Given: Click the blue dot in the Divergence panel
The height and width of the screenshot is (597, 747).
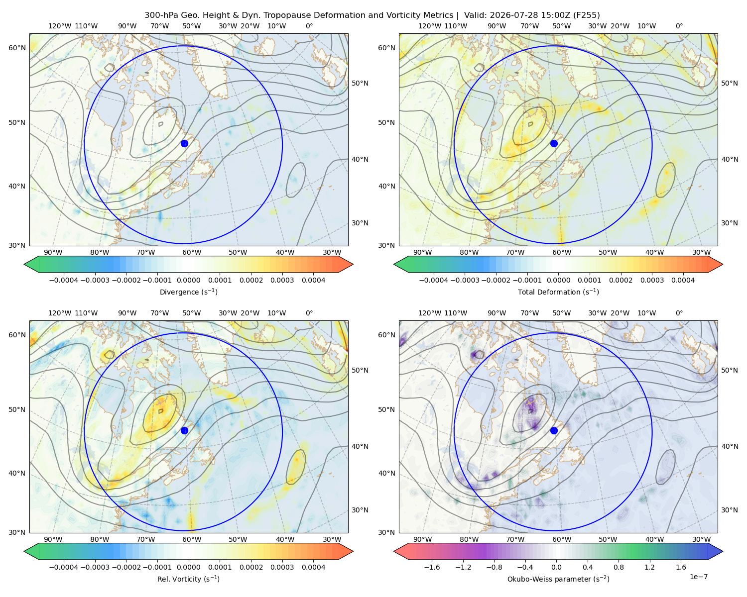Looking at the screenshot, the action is [x=184, y=143].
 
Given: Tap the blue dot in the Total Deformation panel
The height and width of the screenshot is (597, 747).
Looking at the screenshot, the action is [x=554, y=143].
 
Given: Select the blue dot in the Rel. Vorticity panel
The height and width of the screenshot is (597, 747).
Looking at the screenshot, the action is [x=184, y=430].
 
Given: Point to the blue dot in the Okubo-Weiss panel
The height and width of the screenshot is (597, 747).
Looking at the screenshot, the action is [x=554, y=430].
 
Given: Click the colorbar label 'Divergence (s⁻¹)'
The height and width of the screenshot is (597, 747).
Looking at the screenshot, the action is [x=188, y=292].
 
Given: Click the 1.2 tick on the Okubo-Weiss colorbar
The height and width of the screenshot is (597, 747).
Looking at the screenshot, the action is [x=649, y=567].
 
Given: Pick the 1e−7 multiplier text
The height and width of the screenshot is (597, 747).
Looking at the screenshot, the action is [x=698, y=577].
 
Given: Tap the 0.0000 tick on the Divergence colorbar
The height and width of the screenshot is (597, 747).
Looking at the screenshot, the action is [x=188, y=280].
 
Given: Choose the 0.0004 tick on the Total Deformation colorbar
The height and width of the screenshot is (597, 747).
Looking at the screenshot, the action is [x=683, y=280].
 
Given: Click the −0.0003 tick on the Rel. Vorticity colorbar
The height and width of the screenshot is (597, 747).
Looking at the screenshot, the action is [x=95, y=567].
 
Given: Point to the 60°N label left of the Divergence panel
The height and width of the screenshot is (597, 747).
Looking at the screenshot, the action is [x=17, y=48].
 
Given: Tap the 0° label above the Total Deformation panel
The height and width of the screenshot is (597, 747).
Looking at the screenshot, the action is [x=679, y=26].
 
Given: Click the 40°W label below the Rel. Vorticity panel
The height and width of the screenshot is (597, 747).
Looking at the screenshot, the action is [x=285, y=539].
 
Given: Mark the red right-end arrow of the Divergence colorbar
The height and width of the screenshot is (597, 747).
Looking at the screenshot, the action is [x=346, y=264].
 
